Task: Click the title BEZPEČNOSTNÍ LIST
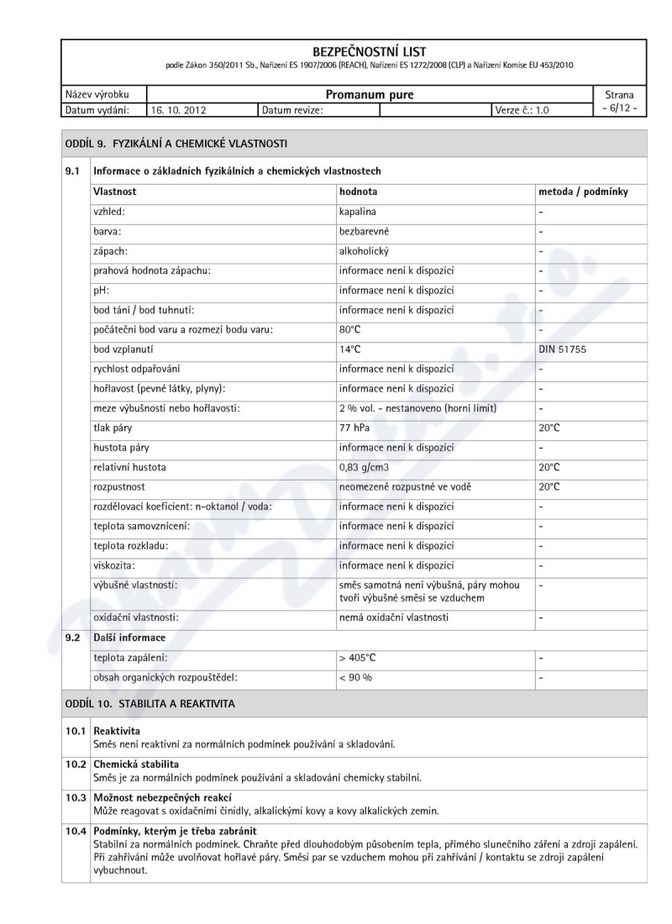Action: coord(369,52)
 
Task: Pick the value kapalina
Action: coord(358,213)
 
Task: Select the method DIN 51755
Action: coord(563,349)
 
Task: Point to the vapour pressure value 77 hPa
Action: coord(356,427)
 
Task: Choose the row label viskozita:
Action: coord(114,565)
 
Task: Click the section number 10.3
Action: coord(76,797)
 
